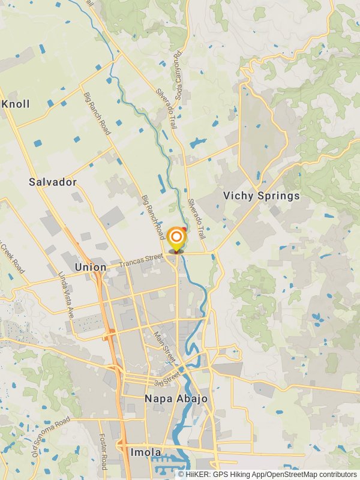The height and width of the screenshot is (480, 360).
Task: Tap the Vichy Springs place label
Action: tap(261, 196)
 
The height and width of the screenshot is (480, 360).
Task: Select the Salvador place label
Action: tap(53, 181)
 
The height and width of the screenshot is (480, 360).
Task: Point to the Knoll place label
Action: tap(16, 104)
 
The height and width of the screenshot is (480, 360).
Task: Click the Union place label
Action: tap(91, 266)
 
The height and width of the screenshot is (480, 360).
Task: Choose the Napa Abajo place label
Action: tap(176, 398)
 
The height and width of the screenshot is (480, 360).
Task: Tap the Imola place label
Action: tap(145, 452)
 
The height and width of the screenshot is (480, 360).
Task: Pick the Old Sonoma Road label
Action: tap(51, 435)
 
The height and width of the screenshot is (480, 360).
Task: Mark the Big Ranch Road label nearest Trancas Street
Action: tap(152, 217)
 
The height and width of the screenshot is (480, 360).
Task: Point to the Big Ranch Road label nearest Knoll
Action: tap(96, 112)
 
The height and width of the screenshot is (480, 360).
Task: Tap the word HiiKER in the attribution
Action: tap(198, 475)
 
